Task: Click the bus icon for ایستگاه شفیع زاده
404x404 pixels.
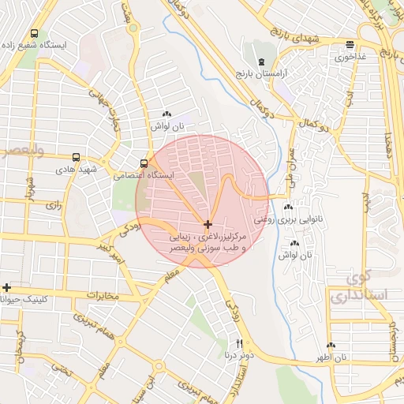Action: (x=34, y=34)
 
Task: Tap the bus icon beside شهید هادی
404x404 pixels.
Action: (x=76, y=157)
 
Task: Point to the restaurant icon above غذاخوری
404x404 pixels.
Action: (x=350, y=45)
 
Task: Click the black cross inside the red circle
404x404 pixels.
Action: (x=208, y=225)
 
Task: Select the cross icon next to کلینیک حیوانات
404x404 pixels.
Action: (x=7, y=287)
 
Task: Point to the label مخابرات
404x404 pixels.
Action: (x=102, y=296)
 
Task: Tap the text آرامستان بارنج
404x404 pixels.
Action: (x=265, y=73)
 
